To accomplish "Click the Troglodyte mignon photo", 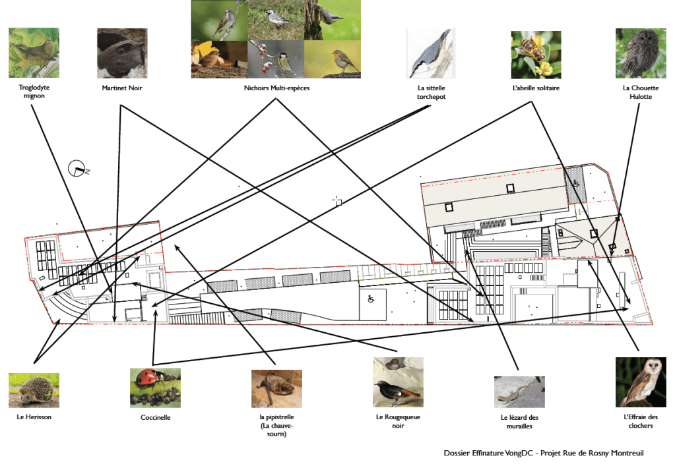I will tap(34, 53).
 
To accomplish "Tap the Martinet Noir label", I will tap(122, 88).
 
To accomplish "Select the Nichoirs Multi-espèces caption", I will tap(276, 88).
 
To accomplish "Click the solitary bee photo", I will tap(536, 55).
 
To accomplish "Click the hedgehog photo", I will tap(34, 390).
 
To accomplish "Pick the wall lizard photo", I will tap(519, 392).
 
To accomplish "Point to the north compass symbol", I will tap(77, 169).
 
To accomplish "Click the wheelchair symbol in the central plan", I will tap(371, 299).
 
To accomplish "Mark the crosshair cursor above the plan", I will tap(337, 200).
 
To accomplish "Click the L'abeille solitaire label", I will tap(536, 88).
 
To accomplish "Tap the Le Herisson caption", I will tap(34, 417).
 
